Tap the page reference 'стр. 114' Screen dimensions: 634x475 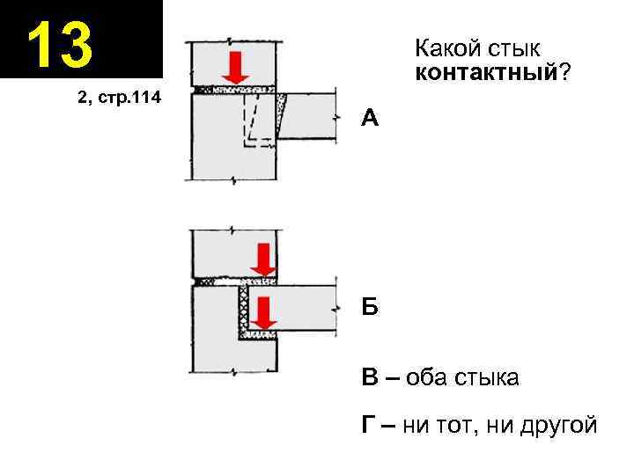coord(129,98)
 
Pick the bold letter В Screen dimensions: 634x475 coord(370,378)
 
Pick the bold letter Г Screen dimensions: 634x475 coord(369,426)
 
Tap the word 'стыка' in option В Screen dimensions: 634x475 coord(487,378)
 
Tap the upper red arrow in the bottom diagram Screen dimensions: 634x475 coord(262,259)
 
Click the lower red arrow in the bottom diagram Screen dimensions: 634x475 coord(262,315)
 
